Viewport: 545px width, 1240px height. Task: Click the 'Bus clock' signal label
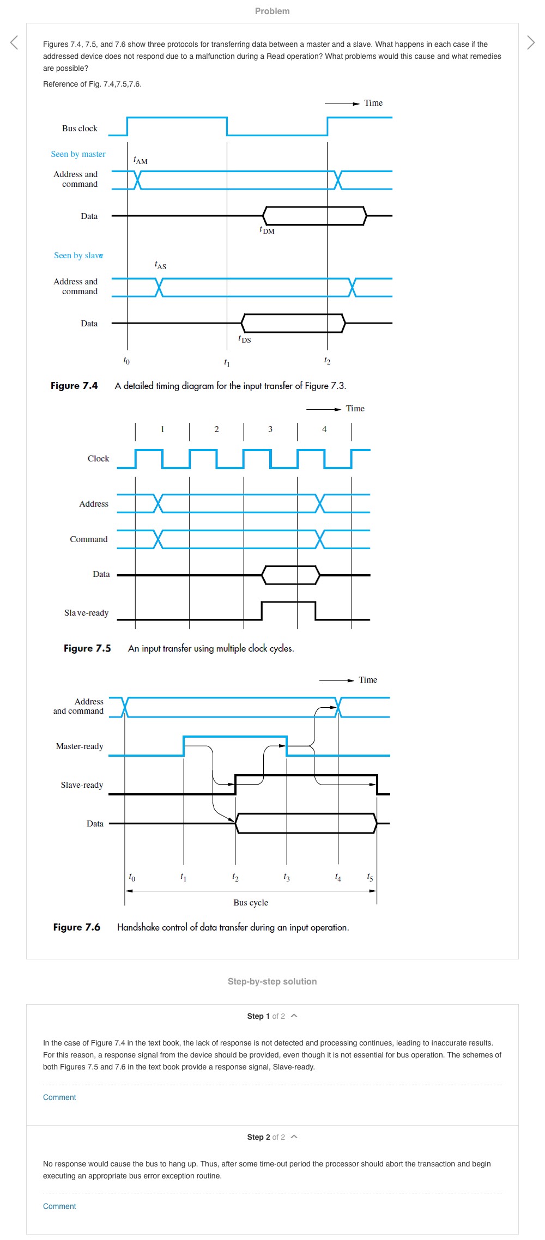point(80,129)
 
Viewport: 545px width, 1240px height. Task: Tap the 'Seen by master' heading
point(78,154)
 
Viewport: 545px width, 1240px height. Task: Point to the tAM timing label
point(140,160)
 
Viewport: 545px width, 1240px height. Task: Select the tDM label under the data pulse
point(267,230)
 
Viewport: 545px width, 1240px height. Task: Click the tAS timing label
point(160,265)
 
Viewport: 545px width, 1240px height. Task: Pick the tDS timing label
point(245,339)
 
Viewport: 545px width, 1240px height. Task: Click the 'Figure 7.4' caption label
point(74,386)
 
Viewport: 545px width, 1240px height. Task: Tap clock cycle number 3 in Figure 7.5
point(270,429)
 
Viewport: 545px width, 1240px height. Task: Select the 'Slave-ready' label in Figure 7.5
point(86,613)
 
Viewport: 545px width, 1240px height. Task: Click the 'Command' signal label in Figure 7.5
point(88,539)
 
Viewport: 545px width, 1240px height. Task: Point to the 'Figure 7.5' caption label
point(87,648)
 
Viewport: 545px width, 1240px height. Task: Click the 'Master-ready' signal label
point(80,746)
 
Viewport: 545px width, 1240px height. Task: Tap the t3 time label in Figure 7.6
point(287,877)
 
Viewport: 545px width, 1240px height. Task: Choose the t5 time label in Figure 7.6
point(370,877)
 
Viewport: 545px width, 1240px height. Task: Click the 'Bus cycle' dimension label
point(251,903)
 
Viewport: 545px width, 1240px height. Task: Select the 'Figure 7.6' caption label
point(77,927)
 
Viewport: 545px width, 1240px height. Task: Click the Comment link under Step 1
point(59,1097)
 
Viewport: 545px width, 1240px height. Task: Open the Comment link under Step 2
point(59,1206)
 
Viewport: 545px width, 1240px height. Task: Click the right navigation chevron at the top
point(531,42)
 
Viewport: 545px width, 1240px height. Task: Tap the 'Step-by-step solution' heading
point(272,981)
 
